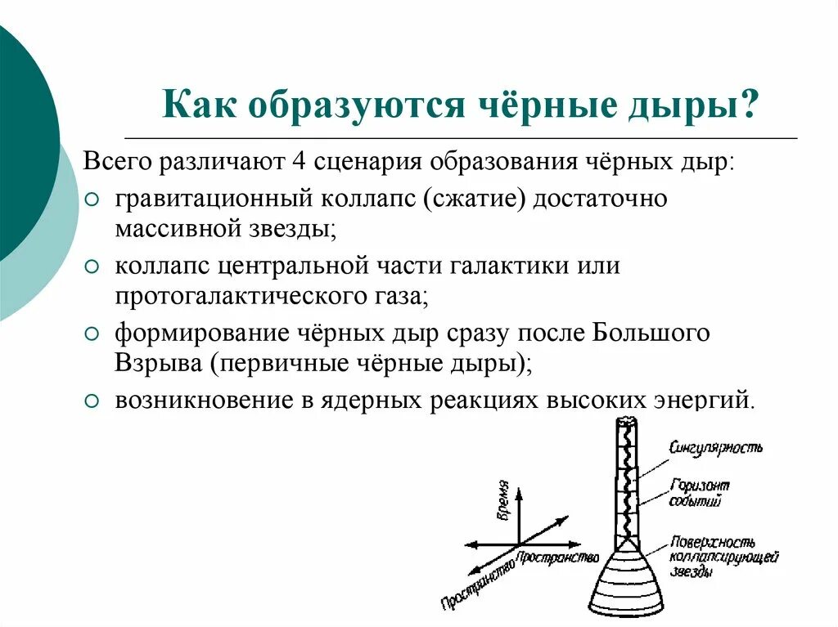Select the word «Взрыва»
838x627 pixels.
(156, 362)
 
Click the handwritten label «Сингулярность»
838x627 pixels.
(715, 447)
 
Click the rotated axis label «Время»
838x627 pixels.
(503, 499)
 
